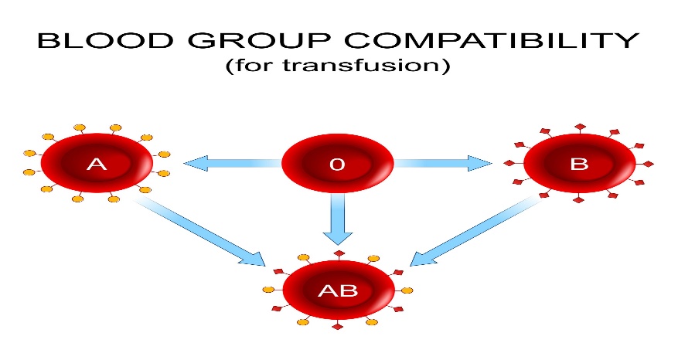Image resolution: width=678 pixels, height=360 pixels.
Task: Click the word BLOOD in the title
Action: click(x=105, y=39)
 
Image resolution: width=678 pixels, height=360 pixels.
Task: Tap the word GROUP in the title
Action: click(x=259, y=39)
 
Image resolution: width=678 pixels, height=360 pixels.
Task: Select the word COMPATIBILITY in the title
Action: click(x=492, y=39)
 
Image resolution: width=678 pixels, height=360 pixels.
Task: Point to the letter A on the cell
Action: click(x=97, y=165)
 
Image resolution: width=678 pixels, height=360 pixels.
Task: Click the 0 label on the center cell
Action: click(x=337, y=165)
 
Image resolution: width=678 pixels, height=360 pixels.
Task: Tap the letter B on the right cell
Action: click(x=579, y=164)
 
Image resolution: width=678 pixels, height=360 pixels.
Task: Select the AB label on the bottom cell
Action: click(x=338, y=290)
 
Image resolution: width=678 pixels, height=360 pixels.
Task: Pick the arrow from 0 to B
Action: click(x=443, y=163)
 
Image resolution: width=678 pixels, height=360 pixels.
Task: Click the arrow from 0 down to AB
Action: click(x=338, y=219)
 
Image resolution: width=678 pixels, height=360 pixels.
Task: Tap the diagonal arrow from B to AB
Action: click(x=475, y=230)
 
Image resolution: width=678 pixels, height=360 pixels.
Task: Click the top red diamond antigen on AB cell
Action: click(x=339, y=253)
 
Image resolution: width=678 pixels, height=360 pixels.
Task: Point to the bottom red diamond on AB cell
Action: click(x=338, y=326)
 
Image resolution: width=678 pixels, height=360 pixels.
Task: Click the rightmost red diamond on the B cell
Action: click(x=648, y=164)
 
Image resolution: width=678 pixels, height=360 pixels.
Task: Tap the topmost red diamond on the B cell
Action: click(x=580, y=127)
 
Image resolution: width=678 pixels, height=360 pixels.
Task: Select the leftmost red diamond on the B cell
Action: click(x=509, y=163)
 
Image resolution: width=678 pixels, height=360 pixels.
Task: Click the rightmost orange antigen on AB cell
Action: click(x=407, y=290)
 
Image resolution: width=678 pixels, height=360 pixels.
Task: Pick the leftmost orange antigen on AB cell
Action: click(x=268, y=290)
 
